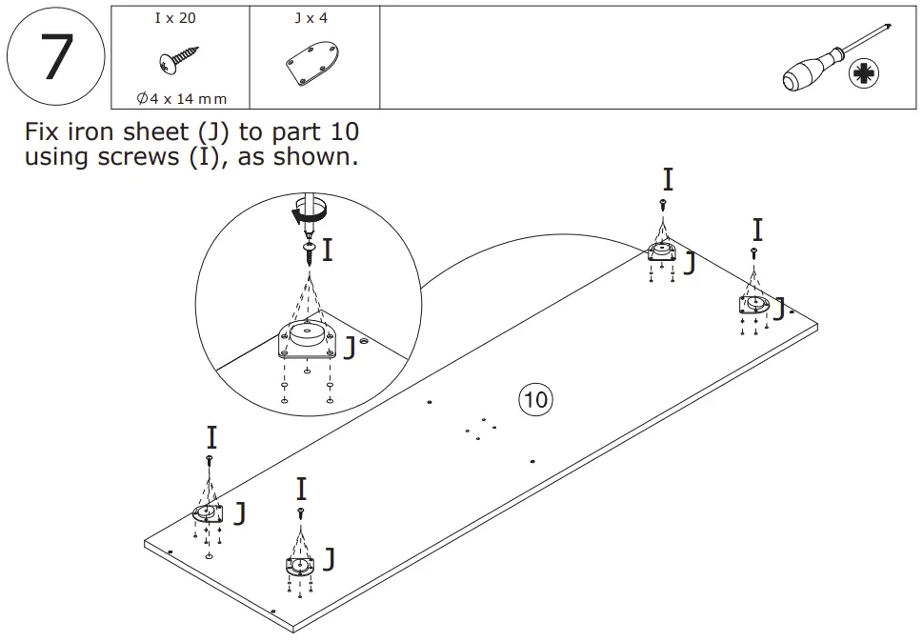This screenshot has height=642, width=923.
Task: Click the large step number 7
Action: (55, 57)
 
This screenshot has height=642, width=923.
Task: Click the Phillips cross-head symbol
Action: (864, 73)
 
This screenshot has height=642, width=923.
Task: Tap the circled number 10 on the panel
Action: (536, 399)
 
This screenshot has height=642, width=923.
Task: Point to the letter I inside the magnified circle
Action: (328, 251)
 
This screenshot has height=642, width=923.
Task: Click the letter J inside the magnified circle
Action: (350, 349)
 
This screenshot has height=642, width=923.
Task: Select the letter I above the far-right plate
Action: (757, 230)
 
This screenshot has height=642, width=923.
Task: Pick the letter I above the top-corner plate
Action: (668, 179)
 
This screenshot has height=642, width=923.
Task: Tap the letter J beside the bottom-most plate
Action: (329, 559)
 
